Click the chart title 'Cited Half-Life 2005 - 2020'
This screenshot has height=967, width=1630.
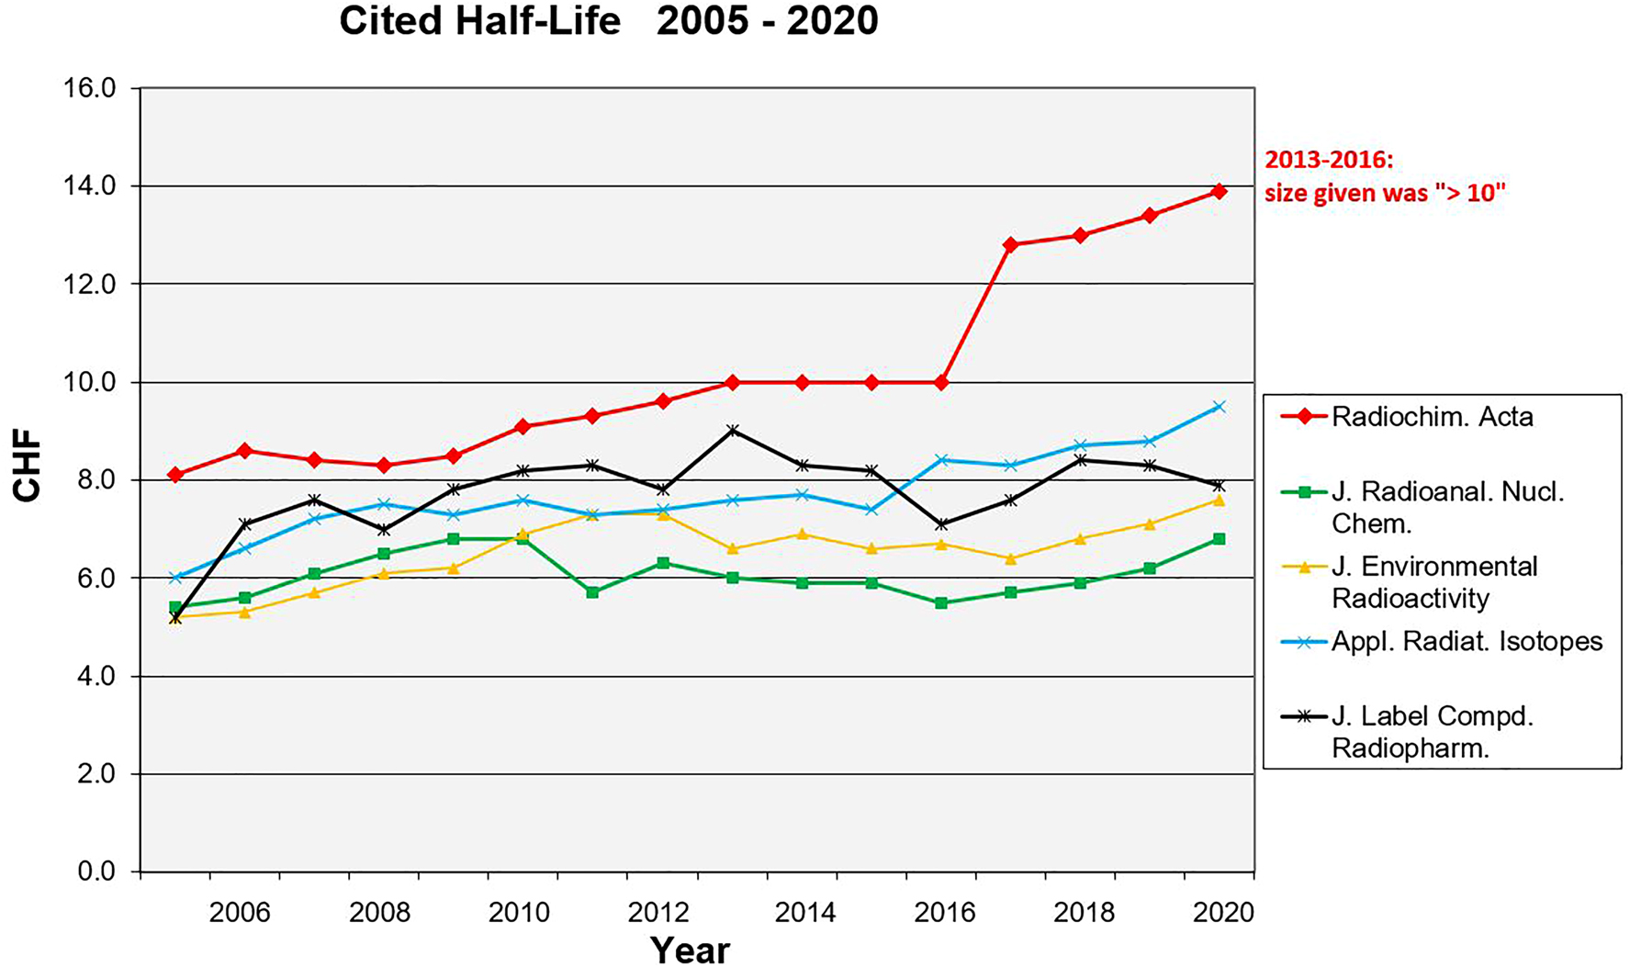pyautogui.click(x=608, y=20)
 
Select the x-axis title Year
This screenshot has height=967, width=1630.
pyautogui.click(x=689, y=950)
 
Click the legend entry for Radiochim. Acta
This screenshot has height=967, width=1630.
pyautogui.click(x=1432, y=417)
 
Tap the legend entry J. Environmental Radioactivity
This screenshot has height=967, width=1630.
pyautogui.click(x=1433, y=582)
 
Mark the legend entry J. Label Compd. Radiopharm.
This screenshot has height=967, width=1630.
pyautogui.click(x=1432, y=732)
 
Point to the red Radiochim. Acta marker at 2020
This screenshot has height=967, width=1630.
pyautogui.click(x=1219, y=191)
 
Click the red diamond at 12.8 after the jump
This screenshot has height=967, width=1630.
pyautogui.click(x=1010, y=245)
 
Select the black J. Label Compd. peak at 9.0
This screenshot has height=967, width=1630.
pyautogui.click(x=732, y=431)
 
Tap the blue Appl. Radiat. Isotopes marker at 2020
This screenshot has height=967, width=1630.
pyautogui.click(x=1219, y=407)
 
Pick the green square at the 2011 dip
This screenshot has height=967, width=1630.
pyautogui.click(x=592, y=592)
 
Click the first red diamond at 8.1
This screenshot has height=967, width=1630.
pyautogui.click(x=175, y=475)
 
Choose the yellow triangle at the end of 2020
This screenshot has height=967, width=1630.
pyautogui.click(x=1219, y=500)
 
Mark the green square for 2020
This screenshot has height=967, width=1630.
pyautogui.click(x=1219, y=539)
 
